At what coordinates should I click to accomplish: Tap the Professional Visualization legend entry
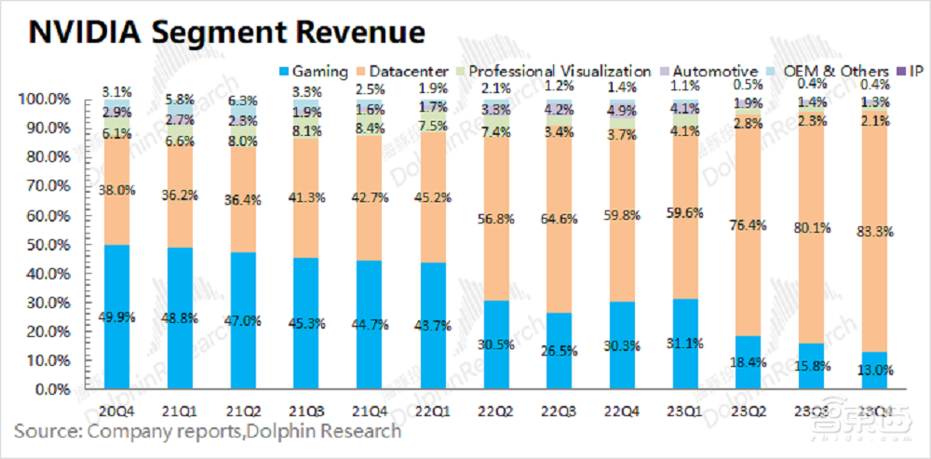pos(559,71)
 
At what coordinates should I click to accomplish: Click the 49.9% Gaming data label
pos(116,317)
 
